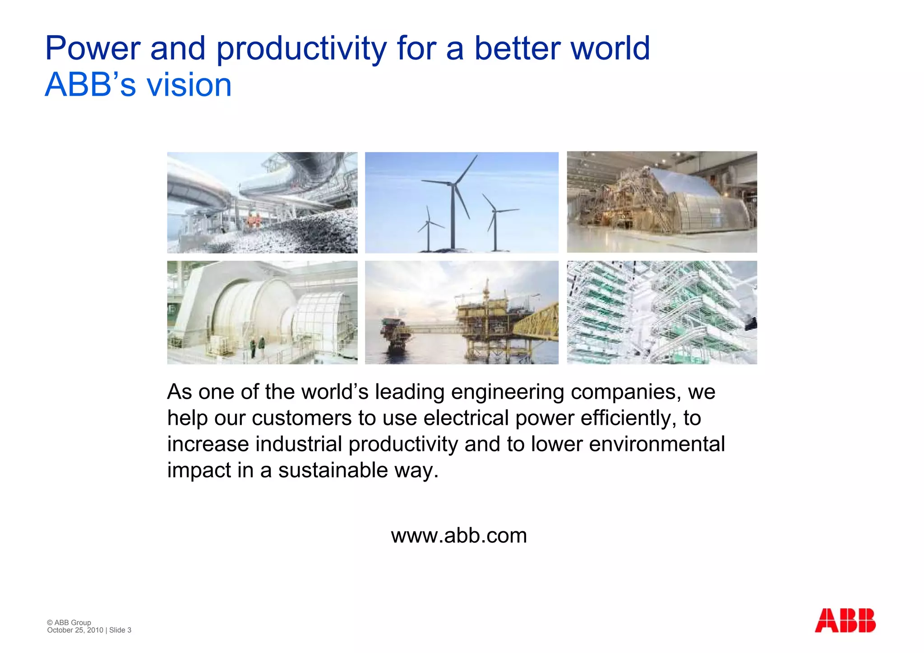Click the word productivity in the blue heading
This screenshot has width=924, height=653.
[301, 49]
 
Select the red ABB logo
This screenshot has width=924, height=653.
[845, 621]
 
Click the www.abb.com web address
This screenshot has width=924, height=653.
[459, 536]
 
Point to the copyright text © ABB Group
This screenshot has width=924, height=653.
[69, 622]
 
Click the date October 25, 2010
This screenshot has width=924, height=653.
[75, 630]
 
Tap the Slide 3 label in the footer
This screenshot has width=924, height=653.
[120, 630]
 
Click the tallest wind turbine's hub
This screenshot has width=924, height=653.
[452, 184]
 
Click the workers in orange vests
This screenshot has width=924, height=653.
[254, 220]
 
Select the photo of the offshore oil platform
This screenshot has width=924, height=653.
[461, 313]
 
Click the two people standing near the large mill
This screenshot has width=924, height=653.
[257, 347]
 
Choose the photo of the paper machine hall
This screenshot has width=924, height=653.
[661, 202]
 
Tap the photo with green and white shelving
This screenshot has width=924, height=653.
[661, 313]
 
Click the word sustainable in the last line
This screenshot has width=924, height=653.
[333, 470]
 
